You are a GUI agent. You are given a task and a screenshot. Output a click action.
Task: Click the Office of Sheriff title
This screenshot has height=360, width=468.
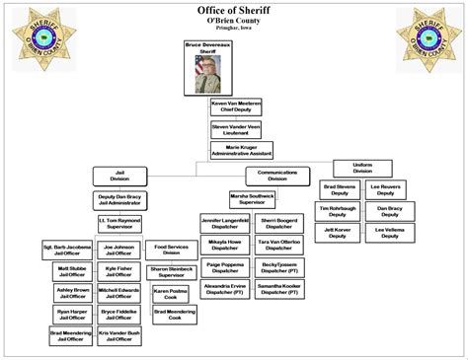point(234,10)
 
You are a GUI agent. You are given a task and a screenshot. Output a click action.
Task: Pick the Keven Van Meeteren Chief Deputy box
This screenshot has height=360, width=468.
point(236,107)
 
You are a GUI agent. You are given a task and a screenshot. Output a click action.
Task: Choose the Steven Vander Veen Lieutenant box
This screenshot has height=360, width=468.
point(236,129)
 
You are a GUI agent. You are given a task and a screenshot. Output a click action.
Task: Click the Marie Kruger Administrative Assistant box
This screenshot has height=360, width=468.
point(241,151)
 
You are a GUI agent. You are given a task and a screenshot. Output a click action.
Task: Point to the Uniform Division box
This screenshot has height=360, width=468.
point(361,168)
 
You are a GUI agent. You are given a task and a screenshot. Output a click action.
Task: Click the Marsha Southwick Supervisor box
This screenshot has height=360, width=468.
point(254,199)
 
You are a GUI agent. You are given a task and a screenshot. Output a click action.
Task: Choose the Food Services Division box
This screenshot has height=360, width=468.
point(172,250)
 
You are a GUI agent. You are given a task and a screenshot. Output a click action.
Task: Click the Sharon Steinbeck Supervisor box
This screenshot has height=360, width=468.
point(172,272)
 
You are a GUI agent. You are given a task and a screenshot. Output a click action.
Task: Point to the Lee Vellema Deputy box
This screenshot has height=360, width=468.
point(389,233)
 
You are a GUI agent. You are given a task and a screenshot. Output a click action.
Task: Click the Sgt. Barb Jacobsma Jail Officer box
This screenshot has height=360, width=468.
point(67,250)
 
